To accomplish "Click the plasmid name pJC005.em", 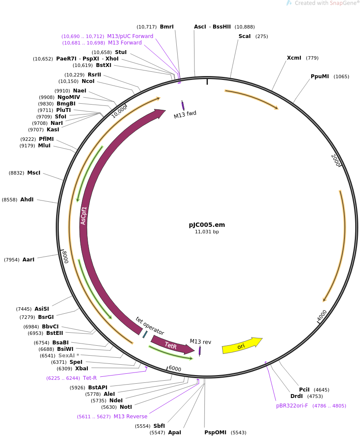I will click(x=207, y=225).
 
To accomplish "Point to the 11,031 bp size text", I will click(x=207, y=232).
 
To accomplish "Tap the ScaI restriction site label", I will click(x=245, y=36).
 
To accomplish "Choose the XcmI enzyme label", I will click(x=295, y=58).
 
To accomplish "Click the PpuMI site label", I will click(x=320, y=76).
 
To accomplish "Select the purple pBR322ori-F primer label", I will click(x=292, y=406).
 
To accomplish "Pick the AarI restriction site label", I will click(x=29, y=260).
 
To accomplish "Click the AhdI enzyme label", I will click(x=27, y=200).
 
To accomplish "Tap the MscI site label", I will click(x=34, y=173).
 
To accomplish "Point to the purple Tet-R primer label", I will click(x=90, y=378).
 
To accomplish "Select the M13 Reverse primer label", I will click(x=131, y=417).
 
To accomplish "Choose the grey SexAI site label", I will click(x=67, y=356).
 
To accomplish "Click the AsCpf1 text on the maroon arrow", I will click(x=84, y=215).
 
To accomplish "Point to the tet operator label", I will click(x=150, y=326).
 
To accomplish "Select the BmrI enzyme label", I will click(x=167, y=27).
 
